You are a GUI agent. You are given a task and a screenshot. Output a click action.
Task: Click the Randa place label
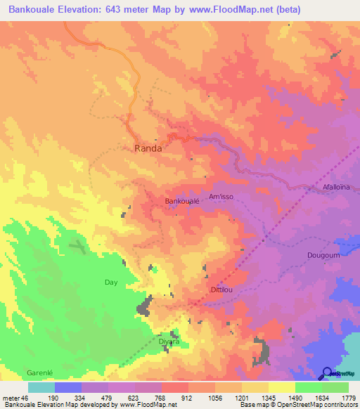[x=148, y=148]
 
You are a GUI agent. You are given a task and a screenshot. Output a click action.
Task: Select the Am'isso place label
[x=221, y=196]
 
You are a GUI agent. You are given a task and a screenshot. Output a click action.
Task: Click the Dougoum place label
[x=323, y=255]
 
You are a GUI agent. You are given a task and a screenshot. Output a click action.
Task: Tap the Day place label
[x=110, y=282]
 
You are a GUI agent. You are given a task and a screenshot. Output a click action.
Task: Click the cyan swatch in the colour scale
[x=41, y=387]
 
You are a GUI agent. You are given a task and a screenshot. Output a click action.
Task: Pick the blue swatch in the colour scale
[x=68, y=387]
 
